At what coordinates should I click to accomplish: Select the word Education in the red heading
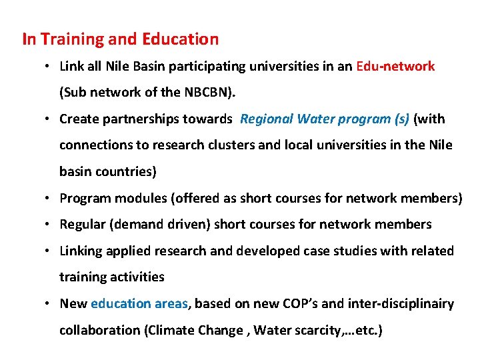[x=180, y=39]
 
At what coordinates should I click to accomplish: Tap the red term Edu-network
[x=395, y=67]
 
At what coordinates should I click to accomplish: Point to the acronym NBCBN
[x=205, y=93]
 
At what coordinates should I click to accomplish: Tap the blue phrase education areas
[x=139, y=304]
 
